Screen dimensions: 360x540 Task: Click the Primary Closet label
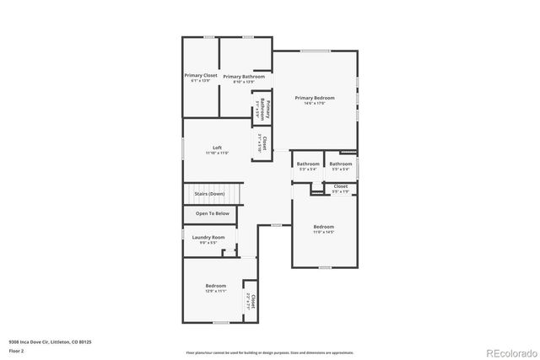pyautogui.click(x=201, y=75)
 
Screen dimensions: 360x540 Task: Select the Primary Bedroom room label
pyautogui.click(x=315, y=98)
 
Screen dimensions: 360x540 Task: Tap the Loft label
pyautogui.click(x=217, y=148)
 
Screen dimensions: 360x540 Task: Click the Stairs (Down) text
pyautogui.click(x=210, y=195)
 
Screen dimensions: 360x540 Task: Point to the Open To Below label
pyautogui.click(x=212, y=213)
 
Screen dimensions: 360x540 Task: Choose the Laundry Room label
pyautogui.click(x=208, y=237)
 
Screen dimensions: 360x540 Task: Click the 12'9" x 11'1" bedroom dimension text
pyautogui.click(x=215, y=292)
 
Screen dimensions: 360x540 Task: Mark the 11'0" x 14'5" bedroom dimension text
pyautogui.click(x=324, y=232)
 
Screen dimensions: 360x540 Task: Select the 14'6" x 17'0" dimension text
pyautogui.click(x=315, y=104)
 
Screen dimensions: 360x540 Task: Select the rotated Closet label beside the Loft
pyautogui.click(x=263, y=142)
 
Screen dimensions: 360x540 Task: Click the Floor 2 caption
pyautogui.click(x=16, y=349)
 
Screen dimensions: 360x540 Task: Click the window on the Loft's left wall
pyautogui.click(x=183, y=149)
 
